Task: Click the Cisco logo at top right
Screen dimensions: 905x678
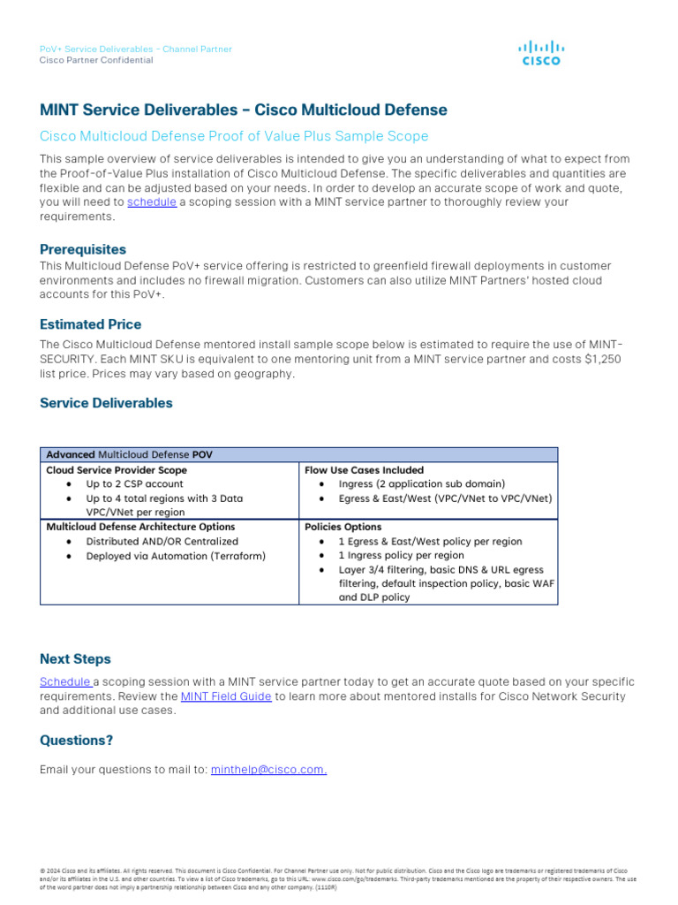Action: pos(541,53)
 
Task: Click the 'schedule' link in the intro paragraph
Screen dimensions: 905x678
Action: pos(152,202)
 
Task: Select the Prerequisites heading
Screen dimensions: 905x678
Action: pos(83,249)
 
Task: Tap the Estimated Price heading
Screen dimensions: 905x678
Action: pos(90,324)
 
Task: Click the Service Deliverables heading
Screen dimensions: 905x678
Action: pos(106,403)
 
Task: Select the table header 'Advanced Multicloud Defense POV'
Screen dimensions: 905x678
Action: pos(129,454)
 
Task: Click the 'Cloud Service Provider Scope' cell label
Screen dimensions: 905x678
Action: pos(117,470)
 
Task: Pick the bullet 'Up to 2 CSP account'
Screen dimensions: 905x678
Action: pos(134,484)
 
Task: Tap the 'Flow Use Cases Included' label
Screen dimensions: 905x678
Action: pos(364,470)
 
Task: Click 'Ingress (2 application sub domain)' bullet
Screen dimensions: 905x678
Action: pos(421,484)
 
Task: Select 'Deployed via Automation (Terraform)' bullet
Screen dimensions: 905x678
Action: pos(175,556)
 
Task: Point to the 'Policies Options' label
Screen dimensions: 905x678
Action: pos(343,527)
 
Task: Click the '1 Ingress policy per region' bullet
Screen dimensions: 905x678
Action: pos(401,556)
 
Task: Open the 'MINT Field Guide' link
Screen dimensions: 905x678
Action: pos(226,696)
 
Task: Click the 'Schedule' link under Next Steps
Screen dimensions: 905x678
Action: pos(65,682)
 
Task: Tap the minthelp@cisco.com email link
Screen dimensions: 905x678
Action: pos(268,770)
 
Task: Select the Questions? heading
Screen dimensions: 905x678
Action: pos(76,741)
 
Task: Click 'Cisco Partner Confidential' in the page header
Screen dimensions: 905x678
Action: pos(96,60)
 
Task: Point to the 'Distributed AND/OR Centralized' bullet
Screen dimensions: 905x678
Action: pos(162,542)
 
